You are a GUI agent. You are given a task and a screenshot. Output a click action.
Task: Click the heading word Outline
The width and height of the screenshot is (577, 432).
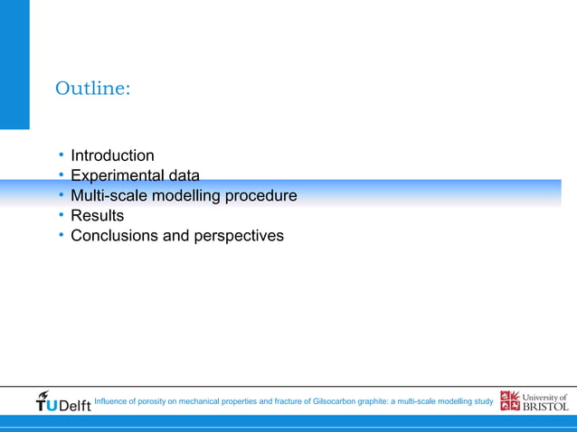pos(92,89)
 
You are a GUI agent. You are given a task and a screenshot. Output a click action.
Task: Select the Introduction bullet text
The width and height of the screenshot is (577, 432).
pos(112,155)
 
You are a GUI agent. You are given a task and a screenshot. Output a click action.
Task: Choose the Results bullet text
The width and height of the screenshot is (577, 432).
pos(97,216)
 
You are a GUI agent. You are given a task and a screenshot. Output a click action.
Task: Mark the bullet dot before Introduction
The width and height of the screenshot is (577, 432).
pos(61,155)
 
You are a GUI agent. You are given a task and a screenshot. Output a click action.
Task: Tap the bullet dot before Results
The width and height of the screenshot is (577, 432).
pos(61,216)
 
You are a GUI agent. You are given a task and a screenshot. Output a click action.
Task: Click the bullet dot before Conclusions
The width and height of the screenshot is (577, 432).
pos(61,236)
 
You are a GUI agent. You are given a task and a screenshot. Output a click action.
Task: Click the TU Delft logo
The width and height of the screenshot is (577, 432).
pos(63,401)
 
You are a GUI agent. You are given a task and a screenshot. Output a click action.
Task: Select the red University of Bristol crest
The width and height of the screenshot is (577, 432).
pos(510,401)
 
